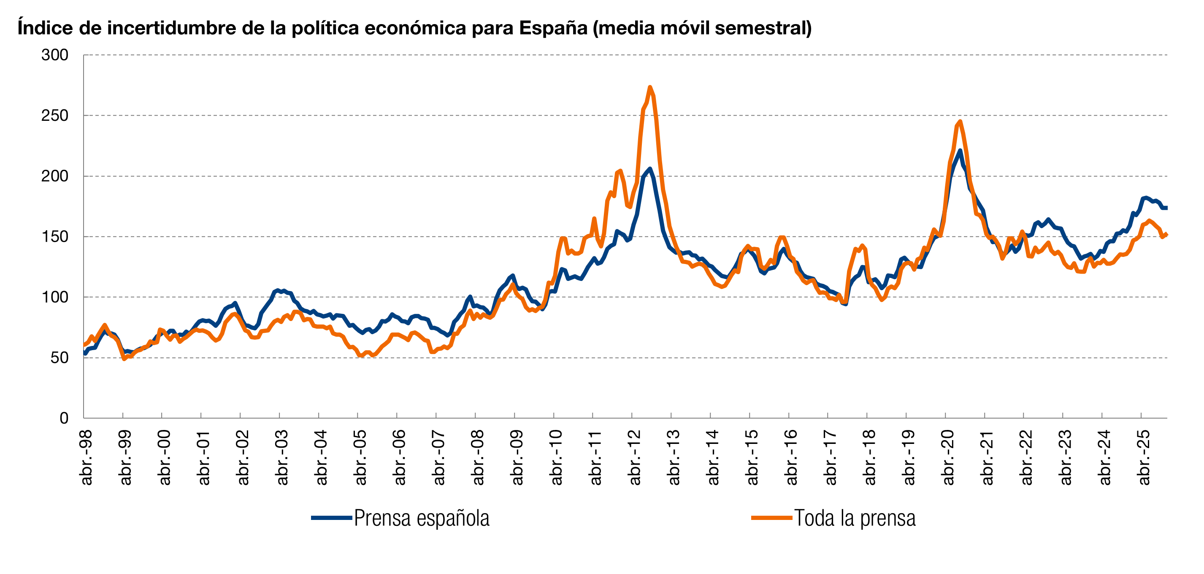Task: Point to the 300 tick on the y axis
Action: tap(55, 55)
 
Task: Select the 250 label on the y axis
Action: tap(55, 116)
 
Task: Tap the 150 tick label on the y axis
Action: tap(55, 237)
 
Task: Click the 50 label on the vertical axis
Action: tap(60, 358)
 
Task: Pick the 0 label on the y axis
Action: tap(64, 418)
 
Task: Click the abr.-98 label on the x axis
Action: tap(87, 457)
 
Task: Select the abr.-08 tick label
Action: tap(478, 457)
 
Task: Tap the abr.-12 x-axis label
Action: tap(635, 457)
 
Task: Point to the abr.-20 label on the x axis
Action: tap(948, 457)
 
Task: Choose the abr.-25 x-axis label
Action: tap(1144, 457)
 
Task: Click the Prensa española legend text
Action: tap(422, 518)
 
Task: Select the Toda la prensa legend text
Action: tap(855, 518)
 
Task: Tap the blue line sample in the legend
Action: tap(331, 518)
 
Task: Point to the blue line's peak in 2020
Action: tap(960, 151)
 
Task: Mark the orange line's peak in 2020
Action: tap(960, 122)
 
